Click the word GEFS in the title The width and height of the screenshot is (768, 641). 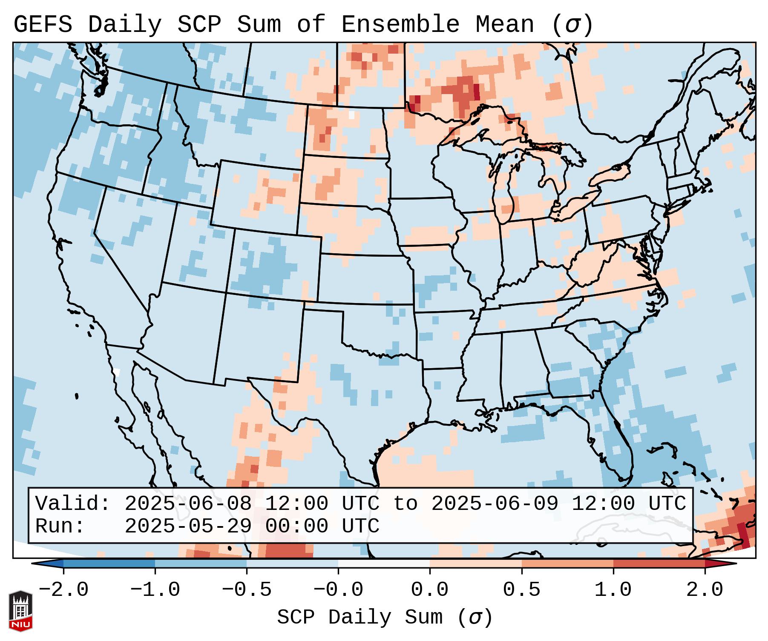click(x=43, y=25)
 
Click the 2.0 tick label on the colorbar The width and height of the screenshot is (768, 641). click(x=705, y=590)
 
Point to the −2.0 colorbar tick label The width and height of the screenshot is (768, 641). click(x=63, y=590)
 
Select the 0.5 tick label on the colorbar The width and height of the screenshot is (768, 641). click(x=521, y=590)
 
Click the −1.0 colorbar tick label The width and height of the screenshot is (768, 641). click(x=155, y=590)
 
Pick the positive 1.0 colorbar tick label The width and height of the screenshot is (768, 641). click(x=613, y=590)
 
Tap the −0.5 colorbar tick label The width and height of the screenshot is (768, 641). click(x=247, y=590)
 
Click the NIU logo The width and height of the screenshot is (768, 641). click(x=20, y=610)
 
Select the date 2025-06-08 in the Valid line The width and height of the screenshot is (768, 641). click(x=187, y=504)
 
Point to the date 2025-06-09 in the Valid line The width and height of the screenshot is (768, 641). click(x=495, y=504)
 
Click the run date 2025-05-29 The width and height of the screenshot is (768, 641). click(x=187, y=526)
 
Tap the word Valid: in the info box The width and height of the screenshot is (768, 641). click(x=73, y=504)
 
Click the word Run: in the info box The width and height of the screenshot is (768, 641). click(x=60, y=526)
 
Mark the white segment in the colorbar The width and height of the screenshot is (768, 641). click(x=384, y=564)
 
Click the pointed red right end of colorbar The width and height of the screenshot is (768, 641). click(x=724, y=564)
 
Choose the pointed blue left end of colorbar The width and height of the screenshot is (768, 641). click(x=45, y=564)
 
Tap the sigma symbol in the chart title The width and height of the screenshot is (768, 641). click(x=572, y=25)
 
